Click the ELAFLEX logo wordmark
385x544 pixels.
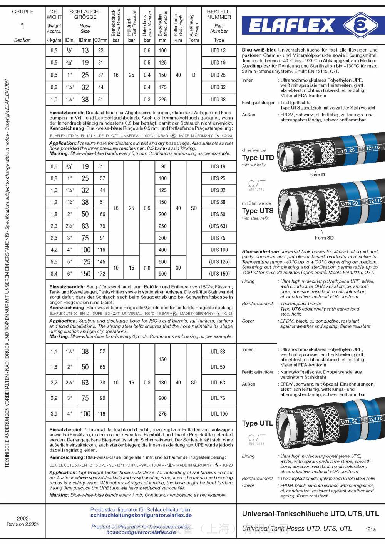291,26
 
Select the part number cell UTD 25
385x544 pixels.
218,75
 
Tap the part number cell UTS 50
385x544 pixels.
218,214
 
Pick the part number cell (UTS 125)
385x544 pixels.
219,262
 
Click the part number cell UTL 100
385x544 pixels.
219,414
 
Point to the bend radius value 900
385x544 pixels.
163,274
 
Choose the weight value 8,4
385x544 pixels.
54,274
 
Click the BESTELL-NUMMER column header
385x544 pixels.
219,14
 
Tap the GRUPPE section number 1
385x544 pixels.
22,26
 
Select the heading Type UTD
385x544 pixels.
258,158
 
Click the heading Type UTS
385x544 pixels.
258,211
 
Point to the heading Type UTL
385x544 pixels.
257,423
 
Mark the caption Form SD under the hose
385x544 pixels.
324,238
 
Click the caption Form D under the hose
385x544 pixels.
317,175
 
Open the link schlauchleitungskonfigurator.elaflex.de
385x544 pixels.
141,515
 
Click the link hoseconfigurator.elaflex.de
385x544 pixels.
141,532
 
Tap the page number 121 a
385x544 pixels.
370,529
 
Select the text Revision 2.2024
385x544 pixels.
23,524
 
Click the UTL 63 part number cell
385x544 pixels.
218,383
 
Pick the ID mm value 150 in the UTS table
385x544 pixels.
85,274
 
